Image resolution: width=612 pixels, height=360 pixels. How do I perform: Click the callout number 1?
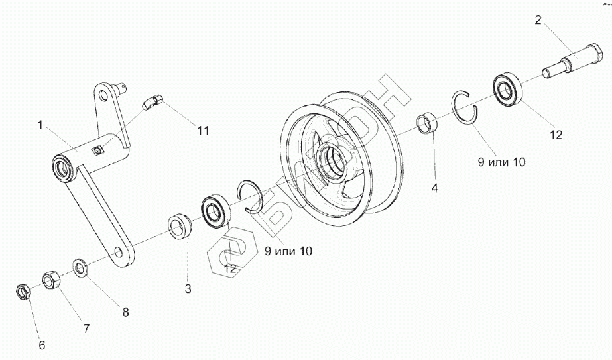pos(41,124)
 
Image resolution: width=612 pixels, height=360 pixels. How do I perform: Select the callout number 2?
pos(538,20)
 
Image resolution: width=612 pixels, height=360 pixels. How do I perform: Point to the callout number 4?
pos(434,188)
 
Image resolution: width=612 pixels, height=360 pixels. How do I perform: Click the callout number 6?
pos(41,345)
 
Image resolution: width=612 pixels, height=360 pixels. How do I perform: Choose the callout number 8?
pos(125,312)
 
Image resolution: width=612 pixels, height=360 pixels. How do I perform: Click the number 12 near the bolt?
pos(555,134)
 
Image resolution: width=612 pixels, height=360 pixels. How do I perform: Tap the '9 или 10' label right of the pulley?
pos(501,162)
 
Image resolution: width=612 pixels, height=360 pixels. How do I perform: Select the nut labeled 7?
pos(52,280)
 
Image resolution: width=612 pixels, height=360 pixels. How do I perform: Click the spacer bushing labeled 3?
pos(180,225)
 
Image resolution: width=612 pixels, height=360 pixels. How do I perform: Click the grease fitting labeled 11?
pos(153,101)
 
